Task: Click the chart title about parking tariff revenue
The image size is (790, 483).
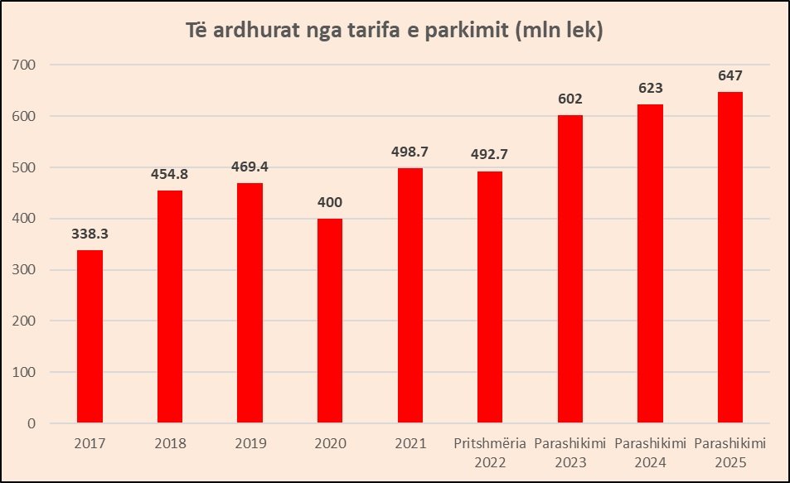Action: coord(394,32)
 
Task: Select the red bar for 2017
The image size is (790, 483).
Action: coord(90,336)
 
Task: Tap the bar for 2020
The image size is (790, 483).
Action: coord(329,321)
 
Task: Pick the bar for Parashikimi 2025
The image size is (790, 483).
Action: coord(729,258)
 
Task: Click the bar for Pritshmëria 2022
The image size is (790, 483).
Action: coord(489,297)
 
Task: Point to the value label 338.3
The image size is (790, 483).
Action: coord(90,234)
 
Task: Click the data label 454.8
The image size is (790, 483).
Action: coord(169,175)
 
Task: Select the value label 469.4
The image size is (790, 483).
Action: coord(250,167)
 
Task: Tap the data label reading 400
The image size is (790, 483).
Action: coord(329,202)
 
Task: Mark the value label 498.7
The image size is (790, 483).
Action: coord(410,152)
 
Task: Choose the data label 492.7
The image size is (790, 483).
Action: coord(489,155)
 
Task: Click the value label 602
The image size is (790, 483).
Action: coord(569,99)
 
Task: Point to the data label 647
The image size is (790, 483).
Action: coord(729,75)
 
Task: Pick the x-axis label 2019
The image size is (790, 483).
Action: coord(250,444)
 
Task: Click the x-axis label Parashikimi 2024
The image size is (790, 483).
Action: coord(650,452)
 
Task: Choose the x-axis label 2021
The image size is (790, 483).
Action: coord(410,444)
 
